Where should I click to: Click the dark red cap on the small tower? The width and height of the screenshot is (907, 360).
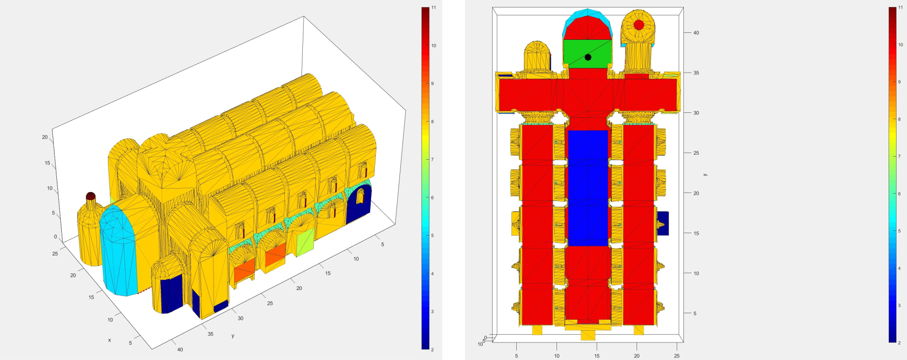pos(91,196)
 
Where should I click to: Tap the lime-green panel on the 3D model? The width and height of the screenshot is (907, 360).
pos(305,241)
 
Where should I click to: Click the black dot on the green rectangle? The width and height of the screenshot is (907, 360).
pos(588,57)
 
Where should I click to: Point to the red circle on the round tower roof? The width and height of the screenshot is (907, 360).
pos(639,25)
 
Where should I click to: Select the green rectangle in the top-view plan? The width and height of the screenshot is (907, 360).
pos(587,53)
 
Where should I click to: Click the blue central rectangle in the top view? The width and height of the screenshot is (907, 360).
pos(588,188)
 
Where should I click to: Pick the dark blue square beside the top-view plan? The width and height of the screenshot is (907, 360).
pos(663,224)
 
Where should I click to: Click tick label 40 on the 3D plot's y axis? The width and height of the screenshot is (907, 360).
pos(180,350)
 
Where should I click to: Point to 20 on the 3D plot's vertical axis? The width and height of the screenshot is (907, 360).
pos(45,137)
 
